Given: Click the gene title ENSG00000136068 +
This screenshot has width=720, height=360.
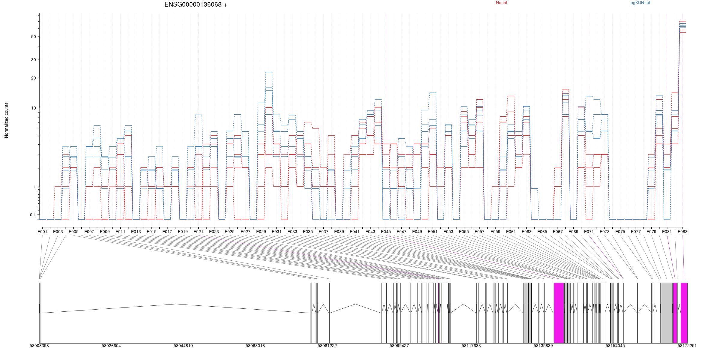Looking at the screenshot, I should [196, 4].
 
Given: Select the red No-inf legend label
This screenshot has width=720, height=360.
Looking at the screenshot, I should [501, 3].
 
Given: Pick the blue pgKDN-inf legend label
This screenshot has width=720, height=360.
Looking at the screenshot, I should [640, 3].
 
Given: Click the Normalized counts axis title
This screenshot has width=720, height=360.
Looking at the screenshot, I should [6, 120].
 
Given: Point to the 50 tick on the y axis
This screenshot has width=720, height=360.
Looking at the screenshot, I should [33, 37].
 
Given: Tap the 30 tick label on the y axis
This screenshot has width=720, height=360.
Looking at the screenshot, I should [33, 60].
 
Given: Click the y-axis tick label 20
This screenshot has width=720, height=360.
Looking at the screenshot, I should [33, 78].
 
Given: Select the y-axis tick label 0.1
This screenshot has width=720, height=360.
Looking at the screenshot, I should [33, 215].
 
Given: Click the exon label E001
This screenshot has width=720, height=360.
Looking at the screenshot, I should [42, 232].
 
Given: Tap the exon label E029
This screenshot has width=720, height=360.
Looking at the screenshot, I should [261, 232].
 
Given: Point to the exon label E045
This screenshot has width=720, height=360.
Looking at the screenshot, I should [386, 232].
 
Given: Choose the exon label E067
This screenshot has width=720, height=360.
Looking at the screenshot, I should [558, 232].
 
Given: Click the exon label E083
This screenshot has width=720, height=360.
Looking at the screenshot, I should [682, 232].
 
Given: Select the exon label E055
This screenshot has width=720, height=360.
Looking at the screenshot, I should [464, 232].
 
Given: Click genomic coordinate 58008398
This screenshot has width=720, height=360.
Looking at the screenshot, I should [39, 346].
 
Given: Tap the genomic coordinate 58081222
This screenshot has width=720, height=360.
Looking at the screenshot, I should [327, 346].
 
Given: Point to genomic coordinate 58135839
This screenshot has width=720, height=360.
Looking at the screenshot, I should [543, 346].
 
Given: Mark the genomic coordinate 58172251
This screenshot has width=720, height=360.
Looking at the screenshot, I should [687, 346].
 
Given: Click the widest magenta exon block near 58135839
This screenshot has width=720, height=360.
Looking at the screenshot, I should [559, 313].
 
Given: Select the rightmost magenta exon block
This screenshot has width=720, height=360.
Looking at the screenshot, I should [684, 313].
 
